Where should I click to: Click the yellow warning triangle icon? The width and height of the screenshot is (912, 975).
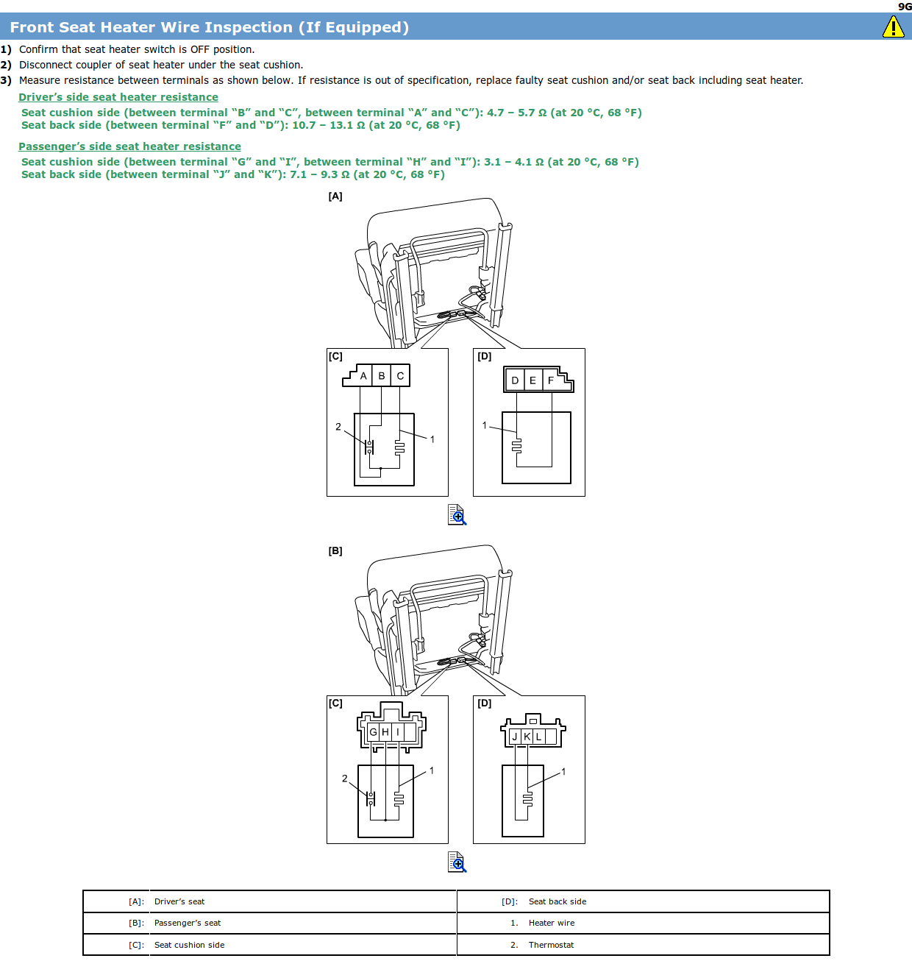point(893,27)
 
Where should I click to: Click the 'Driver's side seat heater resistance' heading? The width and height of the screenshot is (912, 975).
point(118,97)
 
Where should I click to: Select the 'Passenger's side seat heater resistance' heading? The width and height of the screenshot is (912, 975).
point(129,146)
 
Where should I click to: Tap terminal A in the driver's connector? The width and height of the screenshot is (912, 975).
point(363,376)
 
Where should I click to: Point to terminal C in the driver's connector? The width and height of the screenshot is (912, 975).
point(400,376)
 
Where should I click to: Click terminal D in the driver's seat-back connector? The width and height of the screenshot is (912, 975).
point(515,380)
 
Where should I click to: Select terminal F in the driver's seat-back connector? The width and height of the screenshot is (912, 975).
point(551,380)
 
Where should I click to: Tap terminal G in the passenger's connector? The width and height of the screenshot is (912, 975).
point(373,732)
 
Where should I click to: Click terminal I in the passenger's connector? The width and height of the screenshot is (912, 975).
point(398,732)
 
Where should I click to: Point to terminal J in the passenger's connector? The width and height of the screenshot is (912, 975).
point(515,737)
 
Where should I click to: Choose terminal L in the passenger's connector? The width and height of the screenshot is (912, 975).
point(538,737)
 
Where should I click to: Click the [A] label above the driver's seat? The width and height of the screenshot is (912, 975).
point(335,196)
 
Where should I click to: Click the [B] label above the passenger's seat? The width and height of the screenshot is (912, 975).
point(335,551)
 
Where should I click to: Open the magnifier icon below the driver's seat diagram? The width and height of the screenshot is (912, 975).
point(457,514)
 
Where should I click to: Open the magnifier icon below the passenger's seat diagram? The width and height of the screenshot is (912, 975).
point(457,862)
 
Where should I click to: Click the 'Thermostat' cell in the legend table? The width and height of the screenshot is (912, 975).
point(551,945)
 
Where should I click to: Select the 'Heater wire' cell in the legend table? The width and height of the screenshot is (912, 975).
point(552,923)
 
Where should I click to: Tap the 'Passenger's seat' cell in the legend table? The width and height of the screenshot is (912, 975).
point(188,923)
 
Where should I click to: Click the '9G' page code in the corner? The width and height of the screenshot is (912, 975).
point(905,7)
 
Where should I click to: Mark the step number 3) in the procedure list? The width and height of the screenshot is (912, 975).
point(6,80)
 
